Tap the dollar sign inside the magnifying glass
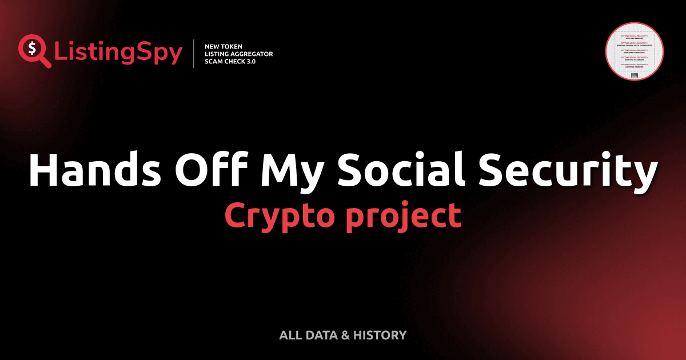point(31,47)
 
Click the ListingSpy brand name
point(118,53)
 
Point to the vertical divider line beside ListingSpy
point(195,54)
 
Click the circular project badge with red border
point(634,52)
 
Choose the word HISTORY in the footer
point(380,335)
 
